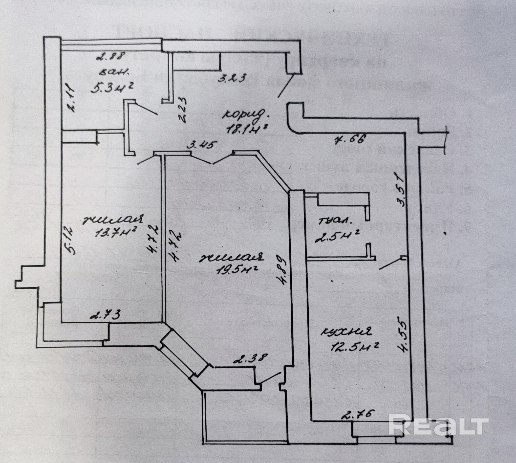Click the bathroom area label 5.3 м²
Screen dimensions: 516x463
[113, 88]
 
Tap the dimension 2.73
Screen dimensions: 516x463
[105, 315]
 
